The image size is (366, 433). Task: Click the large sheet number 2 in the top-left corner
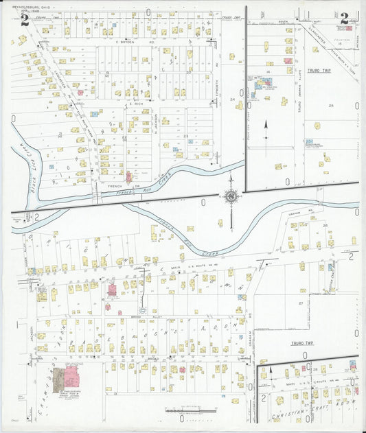click(25, 20)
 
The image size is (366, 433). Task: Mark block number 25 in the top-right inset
click(331, 105)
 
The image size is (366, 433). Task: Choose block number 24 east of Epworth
click(232, 100)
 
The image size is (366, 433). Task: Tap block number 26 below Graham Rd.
click(325, 226)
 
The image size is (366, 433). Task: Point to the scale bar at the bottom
click(190, 410)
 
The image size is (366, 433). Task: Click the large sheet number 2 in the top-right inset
click(343, 19)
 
